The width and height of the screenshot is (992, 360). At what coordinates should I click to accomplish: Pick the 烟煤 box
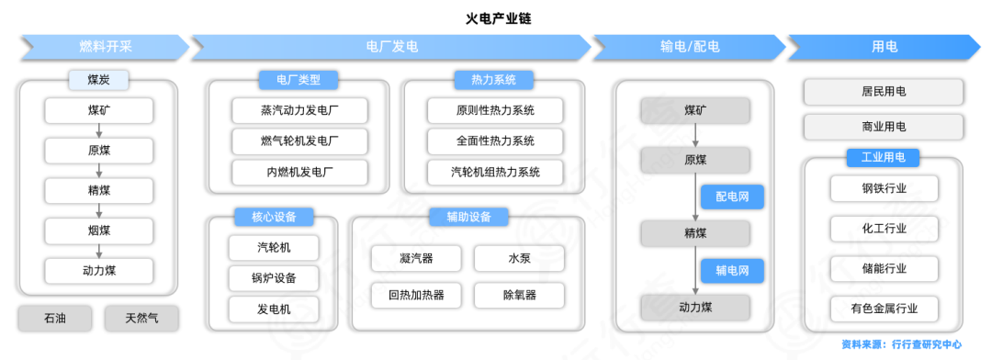point(98,231)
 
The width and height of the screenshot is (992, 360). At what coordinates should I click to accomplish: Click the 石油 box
point(54,319)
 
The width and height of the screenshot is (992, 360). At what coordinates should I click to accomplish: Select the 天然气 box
point(141,319)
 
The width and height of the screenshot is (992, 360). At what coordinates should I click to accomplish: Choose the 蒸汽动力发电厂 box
point(299,111)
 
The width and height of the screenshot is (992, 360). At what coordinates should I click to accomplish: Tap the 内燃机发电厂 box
point(299,172)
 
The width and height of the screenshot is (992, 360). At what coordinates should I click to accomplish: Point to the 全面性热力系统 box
point(495,141)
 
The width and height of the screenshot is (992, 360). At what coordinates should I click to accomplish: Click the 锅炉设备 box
point(275,277)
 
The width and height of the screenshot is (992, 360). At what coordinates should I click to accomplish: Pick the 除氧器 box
point(519,295)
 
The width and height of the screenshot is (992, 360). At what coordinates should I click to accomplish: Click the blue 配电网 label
point(732,197)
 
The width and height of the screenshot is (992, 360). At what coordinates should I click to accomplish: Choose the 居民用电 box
point(884,92)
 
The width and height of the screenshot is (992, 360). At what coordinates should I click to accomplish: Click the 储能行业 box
point(884,268)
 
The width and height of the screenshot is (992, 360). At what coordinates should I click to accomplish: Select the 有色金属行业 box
point(884,308)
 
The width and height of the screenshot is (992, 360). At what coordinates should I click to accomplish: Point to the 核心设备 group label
point(275,218)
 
